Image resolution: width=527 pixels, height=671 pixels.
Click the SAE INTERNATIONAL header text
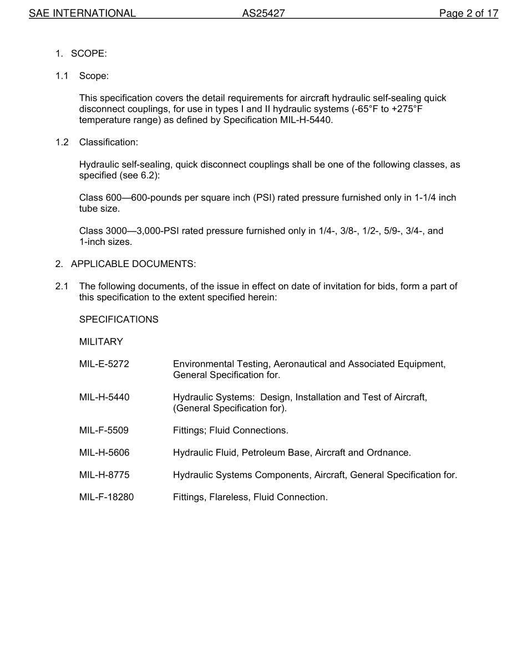click(x=82, y=13)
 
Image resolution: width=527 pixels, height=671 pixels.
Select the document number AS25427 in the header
click(x=263, y=13)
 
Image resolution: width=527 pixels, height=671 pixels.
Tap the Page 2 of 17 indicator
click(x=468, y=13)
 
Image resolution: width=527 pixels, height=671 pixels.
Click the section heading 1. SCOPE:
click(x=81, y=54)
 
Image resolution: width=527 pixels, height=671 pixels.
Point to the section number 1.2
click(x=62, y=142)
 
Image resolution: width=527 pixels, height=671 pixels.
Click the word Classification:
click(x=108, y=142)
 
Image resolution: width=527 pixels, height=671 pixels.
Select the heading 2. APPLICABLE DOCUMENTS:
click(x=125, y=264)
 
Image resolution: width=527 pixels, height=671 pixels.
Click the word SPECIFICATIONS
click(x=119, y=320)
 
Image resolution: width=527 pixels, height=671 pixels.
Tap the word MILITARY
click(x=101, y=342)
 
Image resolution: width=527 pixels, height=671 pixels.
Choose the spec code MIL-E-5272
click(x=104, y=364)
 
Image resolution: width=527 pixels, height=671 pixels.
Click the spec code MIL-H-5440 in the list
click(x=104, y=397)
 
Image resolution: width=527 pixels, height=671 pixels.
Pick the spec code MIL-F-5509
click(x=104, y=431)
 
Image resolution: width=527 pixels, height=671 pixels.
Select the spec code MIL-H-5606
click(x=104, y=453)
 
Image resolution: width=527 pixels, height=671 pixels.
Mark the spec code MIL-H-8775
click(x=104, y=475)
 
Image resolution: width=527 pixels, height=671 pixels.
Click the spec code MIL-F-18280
click(x=107, y=497)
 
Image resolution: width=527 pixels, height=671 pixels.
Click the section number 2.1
click(x=62, y=286)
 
